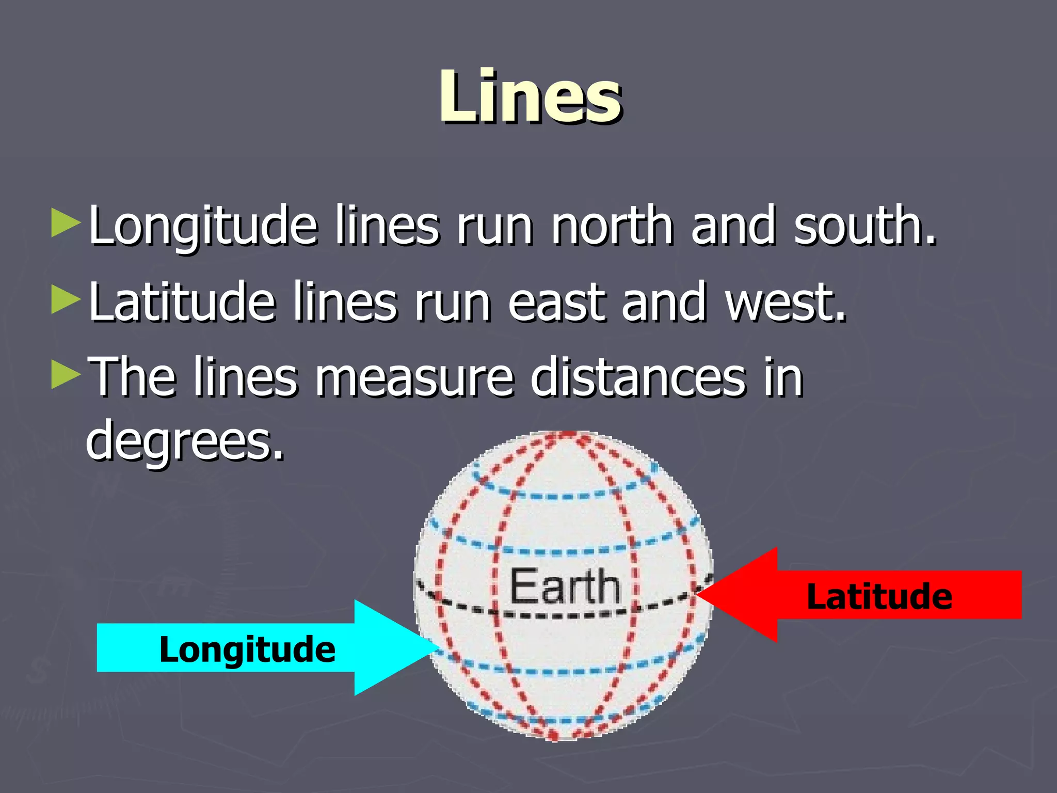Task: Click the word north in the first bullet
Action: click(612, 225)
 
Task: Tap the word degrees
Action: click(185, 440)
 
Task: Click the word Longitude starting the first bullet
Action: click(202, 226)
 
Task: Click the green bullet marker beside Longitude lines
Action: click(66, 223)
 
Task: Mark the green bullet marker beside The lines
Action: click(66, 375)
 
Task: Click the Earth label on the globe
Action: click(565, 586)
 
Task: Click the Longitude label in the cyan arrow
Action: click(247, 649)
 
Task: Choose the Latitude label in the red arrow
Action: click(879, 596)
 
